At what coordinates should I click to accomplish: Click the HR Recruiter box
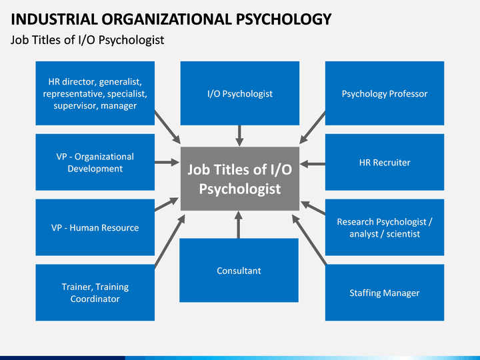pyautogui.click(x=385, y=162)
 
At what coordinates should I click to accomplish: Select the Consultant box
pyautogui.click(x=239, y=270)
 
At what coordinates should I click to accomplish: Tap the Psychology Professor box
pyautogui.click(x=385, y=93)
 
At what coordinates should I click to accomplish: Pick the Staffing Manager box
pyautogui.click(x=385, y=293)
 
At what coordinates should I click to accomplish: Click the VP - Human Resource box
pyautogui.click(x=95, y=227)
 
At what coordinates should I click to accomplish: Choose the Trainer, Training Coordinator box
pyautogui.click(x=95, y=293)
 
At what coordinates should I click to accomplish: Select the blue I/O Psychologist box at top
pyautogui.click(x=240, y=93)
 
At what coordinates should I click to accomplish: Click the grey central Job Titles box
pyautogui.click(x=240, y=179)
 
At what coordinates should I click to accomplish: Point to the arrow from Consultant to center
pyautogui.click(x=239, y=225)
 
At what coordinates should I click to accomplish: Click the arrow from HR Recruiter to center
pyautogui.click(x=313, y=164)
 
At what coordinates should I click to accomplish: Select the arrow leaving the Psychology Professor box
pyautogui.click(x=312, y=127)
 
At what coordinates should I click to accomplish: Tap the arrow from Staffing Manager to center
pyautogui.click(x=309, y=239)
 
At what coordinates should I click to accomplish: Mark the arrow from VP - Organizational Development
pyautogui.click(x=167, y=162)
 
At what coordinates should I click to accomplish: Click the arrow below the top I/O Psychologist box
pyautogui.click(x=239, y=135)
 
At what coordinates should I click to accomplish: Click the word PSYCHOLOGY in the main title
pyautogui.click(x=283, y=19)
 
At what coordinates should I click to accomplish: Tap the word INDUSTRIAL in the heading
pyautogui.click(x=54, y=19)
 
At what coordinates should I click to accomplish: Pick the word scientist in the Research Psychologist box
pyautogui.click(x=403, y=234)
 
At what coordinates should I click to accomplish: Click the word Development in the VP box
pyautogui.click(x=95, y=169)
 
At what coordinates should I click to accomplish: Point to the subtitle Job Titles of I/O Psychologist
pyautogui.click(x=87, y=40)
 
